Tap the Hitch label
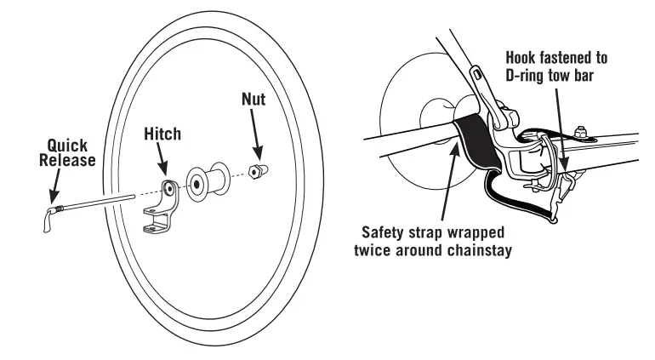[162, 134]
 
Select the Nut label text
[253, 100]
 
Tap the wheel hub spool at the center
[205, 180]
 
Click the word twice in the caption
[382, 249]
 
